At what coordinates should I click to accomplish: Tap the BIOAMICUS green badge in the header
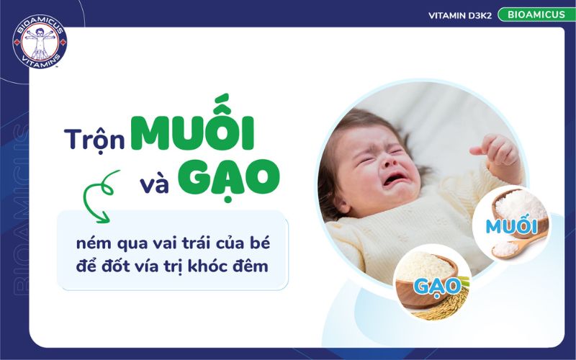click(531, 14)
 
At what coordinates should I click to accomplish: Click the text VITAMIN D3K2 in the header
click(459, 14)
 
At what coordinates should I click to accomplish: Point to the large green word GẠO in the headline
click(230, 177)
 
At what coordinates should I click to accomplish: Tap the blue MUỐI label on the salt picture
click(512, 226)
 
